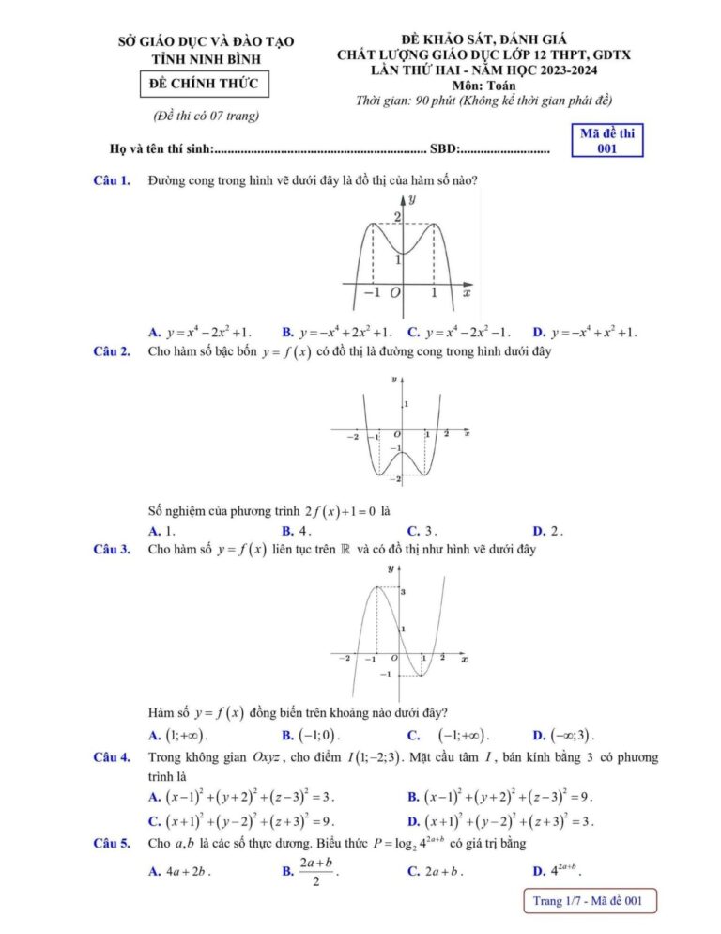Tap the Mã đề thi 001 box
point(606,140)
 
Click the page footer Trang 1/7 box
point(588,902)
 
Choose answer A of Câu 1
point(200,332)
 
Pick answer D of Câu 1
point(584,332)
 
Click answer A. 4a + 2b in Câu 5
point(180,870)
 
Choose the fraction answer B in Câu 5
point(310,871)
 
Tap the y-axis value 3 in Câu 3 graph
point(403,592)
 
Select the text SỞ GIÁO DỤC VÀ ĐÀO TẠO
point(206,42)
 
